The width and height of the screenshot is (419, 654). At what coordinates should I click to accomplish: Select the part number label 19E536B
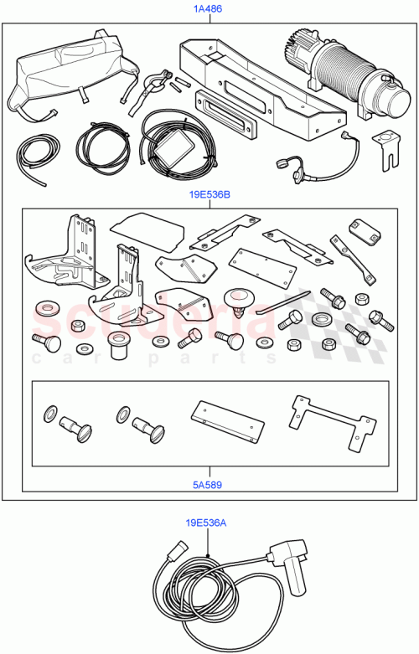coord(209,197)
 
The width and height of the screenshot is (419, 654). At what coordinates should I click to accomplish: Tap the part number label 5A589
coord(209,483)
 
